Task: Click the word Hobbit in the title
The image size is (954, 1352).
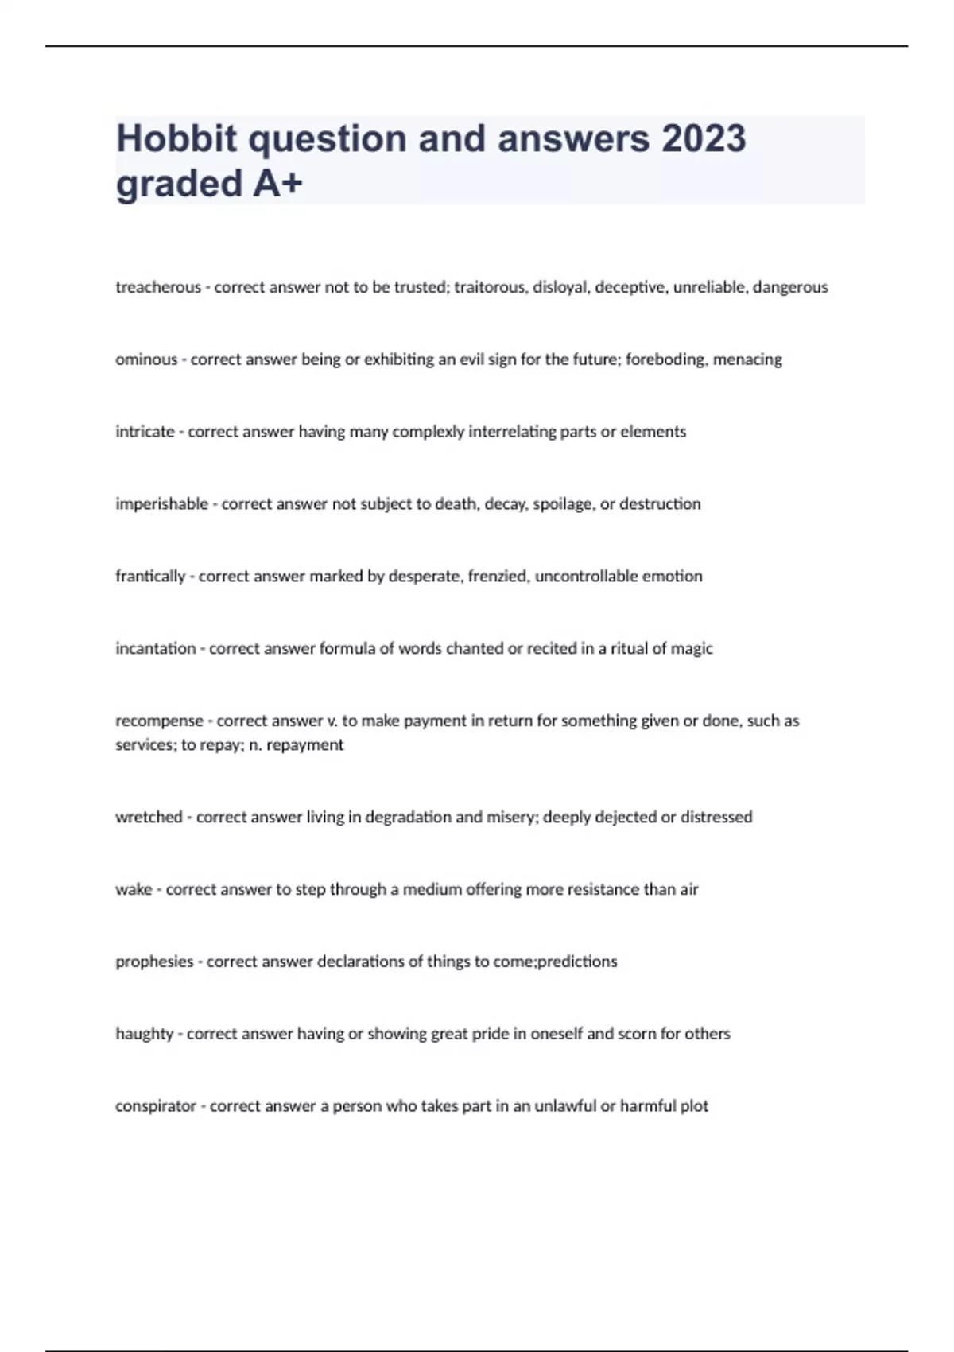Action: click(x=176, y=138)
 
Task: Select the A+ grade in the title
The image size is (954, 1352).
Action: click(x=277, y=184)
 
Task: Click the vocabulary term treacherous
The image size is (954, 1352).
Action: click(x=158, y=287)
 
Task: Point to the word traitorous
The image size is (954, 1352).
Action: click(x=489, y=287)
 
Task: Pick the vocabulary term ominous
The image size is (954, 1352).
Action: click(x=146, y=359)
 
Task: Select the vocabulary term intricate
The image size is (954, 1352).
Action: click(x=145, y=432)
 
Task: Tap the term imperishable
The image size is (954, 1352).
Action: click(x=161, y=504)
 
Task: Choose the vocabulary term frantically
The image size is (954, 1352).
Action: click(x=150, y=576)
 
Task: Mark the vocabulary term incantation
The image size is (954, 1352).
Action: click(x=155, y=648)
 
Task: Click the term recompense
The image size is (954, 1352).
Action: click(x=159, y=721)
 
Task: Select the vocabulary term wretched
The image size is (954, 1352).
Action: click(x=149, y=817)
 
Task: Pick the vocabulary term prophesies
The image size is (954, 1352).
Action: click(x=154, y=962)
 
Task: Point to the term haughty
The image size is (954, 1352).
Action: click(x=144, y=1034)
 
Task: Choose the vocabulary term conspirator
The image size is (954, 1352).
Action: click(x=155, y=1106)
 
